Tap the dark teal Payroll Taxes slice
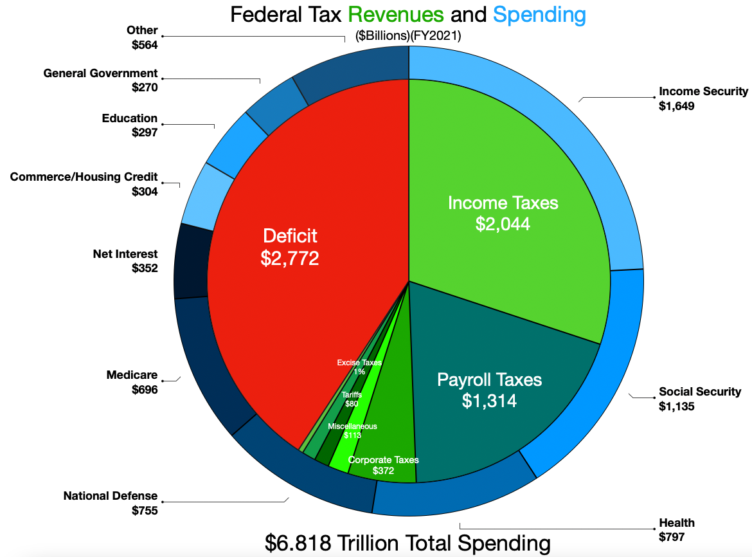tap(489, 390)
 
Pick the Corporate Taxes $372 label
tap(383, 465)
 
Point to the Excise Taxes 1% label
tap(359, 367)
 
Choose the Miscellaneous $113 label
tap(352, 430)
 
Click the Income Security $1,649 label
tap(703, 98)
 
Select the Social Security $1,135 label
tap(700, 399)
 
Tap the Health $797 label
tap(677, 529)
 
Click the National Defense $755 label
tap(111, 503)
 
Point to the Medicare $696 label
tap(132, 382)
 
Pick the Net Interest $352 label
tap(125, 261)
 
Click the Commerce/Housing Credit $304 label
tap(84, 183)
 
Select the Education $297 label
tap(129, 125)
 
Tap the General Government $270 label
tap(100, 80)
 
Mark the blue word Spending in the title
tap(540, 15)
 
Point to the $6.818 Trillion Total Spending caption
tap(407, 543)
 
